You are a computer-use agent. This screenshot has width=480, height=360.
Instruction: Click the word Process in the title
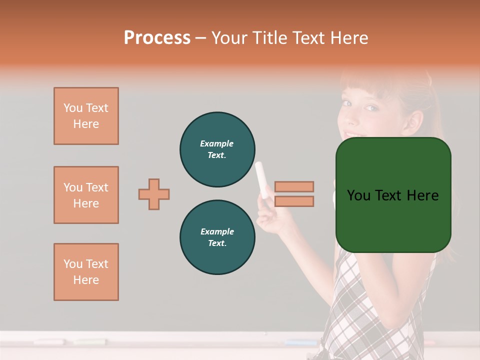pyautogui.click(x=157, y=37)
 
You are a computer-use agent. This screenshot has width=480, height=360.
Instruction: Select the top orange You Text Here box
pyautogui.click(x=86, y=116)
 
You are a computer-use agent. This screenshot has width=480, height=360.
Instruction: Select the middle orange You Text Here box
pyautogui.click(x=86, y=195)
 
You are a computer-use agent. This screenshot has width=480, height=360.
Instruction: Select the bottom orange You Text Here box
pyautogui.click(x=86, y=272)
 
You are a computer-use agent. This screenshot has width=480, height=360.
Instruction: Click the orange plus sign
pyautogui.click(x=154, y=194)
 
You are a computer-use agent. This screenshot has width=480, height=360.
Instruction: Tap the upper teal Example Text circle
pyautogui.click(x=217, y=149)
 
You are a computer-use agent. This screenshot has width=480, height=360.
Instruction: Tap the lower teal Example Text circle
pyautogui.click(x=217, y=237)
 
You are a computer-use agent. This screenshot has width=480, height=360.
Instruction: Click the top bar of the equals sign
pyautogui.click(x=294, y=186)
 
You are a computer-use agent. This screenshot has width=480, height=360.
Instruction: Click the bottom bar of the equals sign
pyautogui.click(x=294, y=201)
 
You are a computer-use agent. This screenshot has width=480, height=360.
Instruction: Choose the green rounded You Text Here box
pyautogui.click(x=393, y=195)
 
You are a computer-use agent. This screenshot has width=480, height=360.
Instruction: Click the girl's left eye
pyautogui.click(x=370, y=107)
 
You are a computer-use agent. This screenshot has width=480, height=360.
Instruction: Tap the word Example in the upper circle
pyautogui.click(x=217, y=143)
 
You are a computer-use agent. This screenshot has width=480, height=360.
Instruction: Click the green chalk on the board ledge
pyautogui.click(x=90, y=342)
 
